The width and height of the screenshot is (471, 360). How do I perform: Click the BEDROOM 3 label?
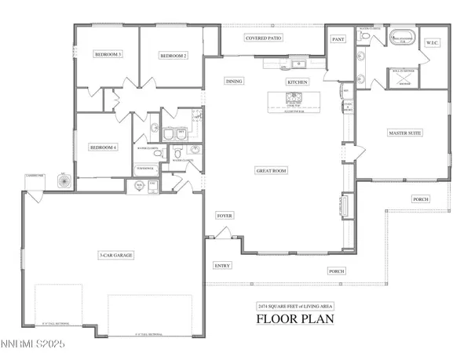(108, 55)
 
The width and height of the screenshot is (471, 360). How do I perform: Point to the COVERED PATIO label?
(264, 37)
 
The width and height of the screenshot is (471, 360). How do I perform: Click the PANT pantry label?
(339, 38)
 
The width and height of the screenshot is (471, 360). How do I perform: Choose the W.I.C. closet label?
(431, 43)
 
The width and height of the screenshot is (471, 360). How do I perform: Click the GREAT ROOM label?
(271, 170)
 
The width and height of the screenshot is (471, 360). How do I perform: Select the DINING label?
(234, 82)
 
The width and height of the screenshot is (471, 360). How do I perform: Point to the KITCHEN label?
(297, 82)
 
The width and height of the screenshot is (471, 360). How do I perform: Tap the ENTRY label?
(223, 266)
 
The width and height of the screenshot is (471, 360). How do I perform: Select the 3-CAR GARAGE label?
(115, 256)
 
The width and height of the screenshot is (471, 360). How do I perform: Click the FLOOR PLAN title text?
(295, 319)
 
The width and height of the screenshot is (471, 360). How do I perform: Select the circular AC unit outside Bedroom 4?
(64, 180)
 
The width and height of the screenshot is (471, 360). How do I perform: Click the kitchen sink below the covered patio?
(298, 65)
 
